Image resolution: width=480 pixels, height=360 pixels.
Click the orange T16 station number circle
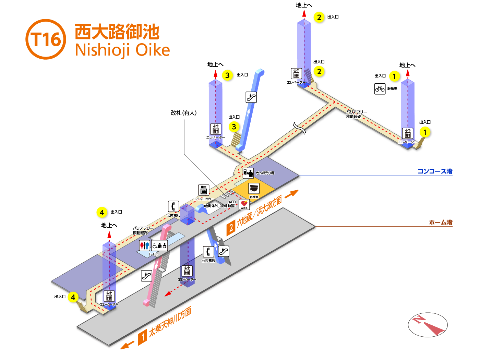click(46, 39)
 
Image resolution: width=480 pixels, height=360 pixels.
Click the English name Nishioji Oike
click(122, 50)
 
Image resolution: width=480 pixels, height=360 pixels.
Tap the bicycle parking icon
click(380, 89)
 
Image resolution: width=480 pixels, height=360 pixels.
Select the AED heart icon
click(244, 204)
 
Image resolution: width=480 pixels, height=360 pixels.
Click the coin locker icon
click(204, 190)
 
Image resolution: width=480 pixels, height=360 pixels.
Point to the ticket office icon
click(248, 173)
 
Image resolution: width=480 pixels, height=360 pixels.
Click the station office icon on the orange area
click(254, 189)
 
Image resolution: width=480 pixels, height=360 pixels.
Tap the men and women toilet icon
click(145, 245)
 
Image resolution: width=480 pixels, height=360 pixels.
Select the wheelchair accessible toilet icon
click(159, 245)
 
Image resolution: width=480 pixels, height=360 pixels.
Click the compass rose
click(428, 325)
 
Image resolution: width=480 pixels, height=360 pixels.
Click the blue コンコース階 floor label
click(435, 171)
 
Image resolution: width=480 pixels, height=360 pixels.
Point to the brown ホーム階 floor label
click(441, 223)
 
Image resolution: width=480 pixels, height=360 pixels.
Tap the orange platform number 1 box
click(142, 338)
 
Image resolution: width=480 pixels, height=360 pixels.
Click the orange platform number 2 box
click(231, 228)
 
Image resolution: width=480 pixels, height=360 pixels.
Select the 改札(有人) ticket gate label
click(184, 113)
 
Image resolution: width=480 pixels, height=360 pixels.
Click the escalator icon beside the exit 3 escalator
click(251, 97)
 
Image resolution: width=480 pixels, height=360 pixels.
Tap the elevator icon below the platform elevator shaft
click(187, 271)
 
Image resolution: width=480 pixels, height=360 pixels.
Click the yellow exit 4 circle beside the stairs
click(73, 297)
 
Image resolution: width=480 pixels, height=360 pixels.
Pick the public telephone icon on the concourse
click(173, 206)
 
